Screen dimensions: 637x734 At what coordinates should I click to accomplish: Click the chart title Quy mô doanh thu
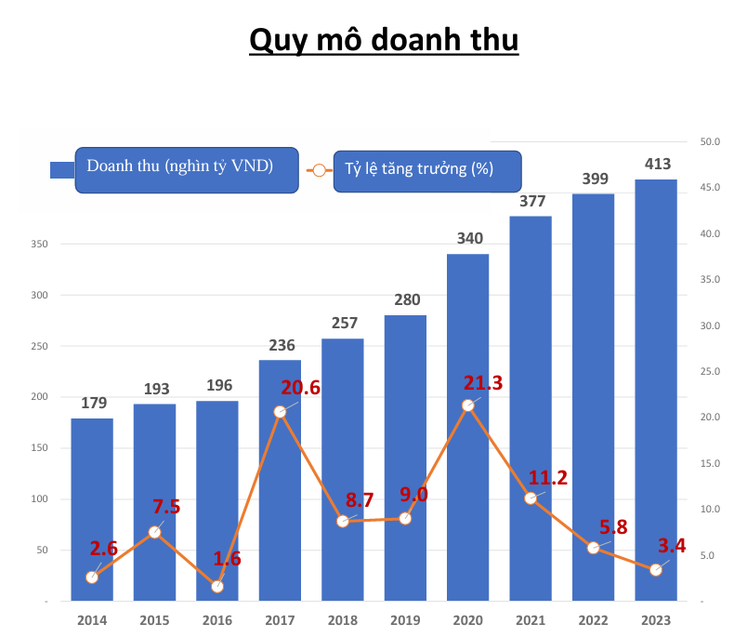click(384, 41)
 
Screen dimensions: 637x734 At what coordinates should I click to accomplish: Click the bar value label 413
click(656, 165)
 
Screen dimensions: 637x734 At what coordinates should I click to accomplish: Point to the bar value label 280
click(405, 299)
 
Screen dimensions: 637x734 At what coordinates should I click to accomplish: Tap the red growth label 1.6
click(227, 560)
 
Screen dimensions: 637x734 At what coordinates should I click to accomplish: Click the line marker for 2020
click(468, 405)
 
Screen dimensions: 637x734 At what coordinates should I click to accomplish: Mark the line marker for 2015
click(155, 532)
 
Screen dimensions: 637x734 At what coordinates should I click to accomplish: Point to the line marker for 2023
click(656, 570)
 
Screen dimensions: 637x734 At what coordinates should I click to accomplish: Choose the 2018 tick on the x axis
click(342, 619)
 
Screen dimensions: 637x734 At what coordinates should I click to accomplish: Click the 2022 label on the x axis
click(593, 619)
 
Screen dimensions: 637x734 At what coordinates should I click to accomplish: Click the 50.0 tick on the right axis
click(711, 142)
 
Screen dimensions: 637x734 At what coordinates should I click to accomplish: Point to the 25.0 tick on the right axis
click(711, 372)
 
